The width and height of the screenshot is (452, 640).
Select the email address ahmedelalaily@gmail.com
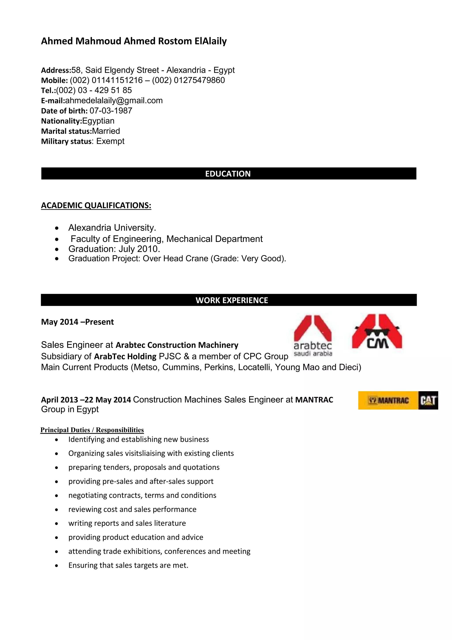tap(114, 101)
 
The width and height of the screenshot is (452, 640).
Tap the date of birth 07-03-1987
tap(111, 111)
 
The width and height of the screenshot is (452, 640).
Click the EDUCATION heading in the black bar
tap(228, 174)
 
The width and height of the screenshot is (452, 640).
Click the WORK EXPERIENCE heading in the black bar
tap(232, 300)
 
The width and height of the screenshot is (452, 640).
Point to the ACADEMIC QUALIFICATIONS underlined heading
tap(96, 205)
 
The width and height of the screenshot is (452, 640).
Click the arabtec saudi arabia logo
tap(313, 336)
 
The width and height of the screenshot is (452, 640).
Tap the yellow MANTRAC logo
tap(388, 401)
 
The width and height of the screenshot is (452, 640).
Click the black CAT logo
tap(428, 401)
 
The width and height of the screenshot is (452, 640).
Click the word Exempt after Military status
tap(110, 141)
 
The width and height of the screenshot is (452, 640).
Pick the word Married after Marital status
tap(106, 131)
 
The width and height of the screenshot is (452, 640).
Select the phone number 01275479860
tap(199, 80)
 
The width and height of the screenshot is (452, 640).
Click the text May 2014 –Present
tap(77, 322)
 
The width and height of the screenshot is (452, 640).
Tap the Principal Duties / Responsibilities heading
tap(92, 430)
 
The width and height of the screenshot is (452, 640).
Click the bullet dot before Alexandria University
tap(57, 228)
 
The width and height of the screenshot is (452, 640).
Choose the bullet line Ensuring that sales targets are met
tap(128, 565)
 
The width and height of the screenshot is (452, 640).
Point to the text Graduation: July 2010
tap(114, 249)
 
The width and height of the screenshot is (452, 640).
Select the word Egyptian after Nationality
tap(98, 121)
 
